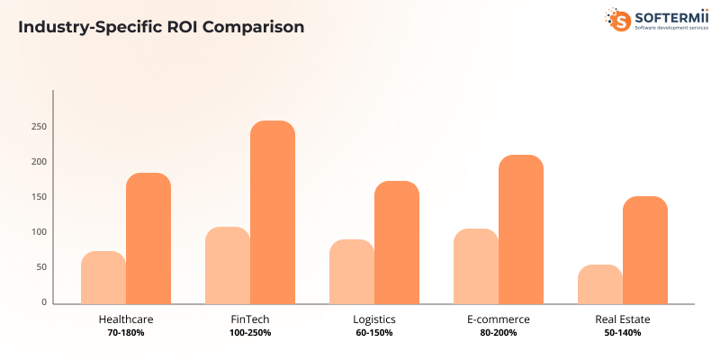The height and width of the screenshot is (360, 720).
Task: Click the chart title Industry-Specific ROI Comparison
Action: pos(161,27)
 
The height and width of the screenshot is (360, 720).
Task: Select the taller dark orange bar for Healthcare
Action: pos(148,238)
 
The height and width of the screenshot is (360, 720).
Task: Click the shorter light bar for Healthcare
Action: pos(103,277)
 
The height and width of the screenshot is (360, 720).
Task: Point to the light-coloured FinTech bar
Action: pos(228,265)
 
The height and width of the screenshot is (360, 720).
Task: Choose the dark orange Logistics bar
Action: pos(397,242)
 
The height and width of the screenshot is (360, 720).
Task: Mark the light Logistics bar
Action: pos(352,271)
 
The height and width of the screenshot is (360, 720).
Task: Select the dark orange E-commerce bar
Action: pos(521,229)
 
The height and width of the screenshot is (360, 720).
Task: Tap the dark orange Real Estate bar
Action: pos(645,249)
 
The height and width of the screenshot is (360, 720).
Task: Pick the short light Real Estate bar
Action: pos(600,283)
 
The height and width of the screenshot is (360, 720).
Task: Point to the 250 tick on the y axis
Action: pos(39,127)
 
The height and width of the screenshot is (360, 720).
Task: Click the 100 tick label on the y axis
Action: pos(39,232)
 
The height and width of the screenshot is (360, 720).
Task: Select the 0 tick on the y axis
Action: pos(42,303)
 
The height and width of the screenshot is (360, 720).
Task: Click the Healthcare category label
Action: pos(125,319)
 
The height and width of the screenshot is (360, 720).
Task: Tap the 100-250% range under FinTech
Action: pos(249,333)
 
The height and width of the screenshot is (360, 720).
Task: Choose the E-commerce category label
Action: pos(498,319)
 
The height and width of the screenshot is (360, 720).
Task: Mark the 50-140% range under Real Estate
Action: pos(622,333)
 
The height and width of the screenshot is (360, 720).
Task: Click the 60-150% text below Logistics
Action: pos(373,333)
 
